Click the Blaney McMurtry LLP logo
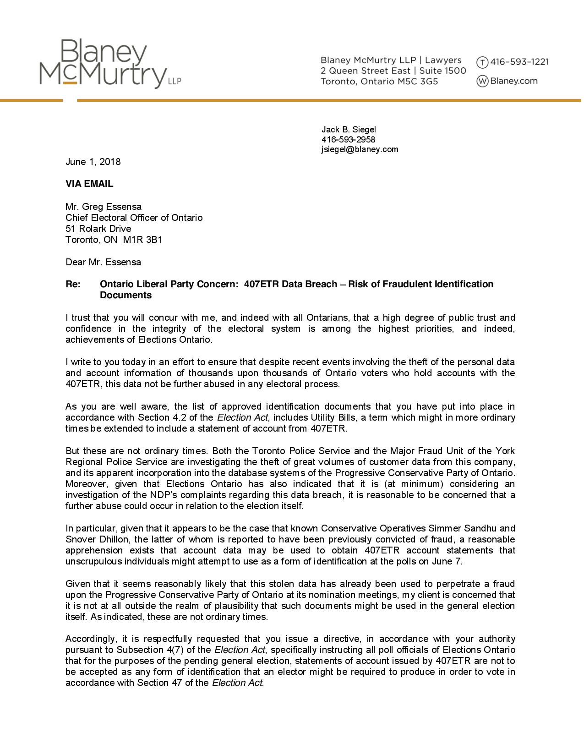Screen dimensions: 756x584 [x=110, y=64]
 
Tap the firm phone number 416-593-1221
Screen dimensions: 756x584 [x=519, y=62]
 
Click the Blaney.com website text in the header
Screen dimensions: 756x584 [x=513, y=81]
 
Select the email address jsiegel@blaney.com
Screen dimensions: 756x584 [x=360, y=149]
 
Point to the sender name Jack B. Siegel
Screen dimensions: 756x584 [x=349, y=130]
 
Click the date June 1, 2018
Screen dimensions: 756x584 [x=93, y=162]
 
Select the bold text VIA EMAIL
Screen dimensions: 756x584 [x=89, y=184]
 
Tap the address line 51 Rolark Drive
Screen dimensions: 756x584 [x=98, y=229]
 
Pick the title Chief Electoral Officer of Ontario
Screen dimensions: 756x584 [x=134, y=218]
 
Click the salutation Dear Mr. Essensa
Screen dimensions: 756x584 [x=103, y=262]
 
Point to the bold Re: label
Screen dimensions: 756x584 [x=73, y=284]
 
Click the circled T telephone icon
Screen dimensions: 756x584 [x=482, y=62]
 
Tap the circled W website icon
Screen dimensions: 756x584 [x=482, y=82]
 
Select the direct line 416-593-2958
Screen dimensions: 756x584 [x=348, y=140]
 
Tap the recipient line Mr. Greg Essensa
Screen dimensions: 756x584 [x=104, y=207]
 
